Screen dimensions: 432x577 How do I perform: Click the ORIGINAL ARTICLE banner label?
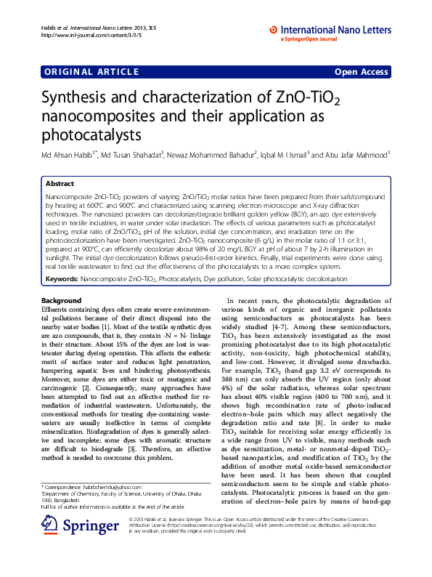[x=91, y=72]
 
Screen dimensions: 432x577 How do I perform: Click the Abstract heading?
[x=60, y=185]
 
